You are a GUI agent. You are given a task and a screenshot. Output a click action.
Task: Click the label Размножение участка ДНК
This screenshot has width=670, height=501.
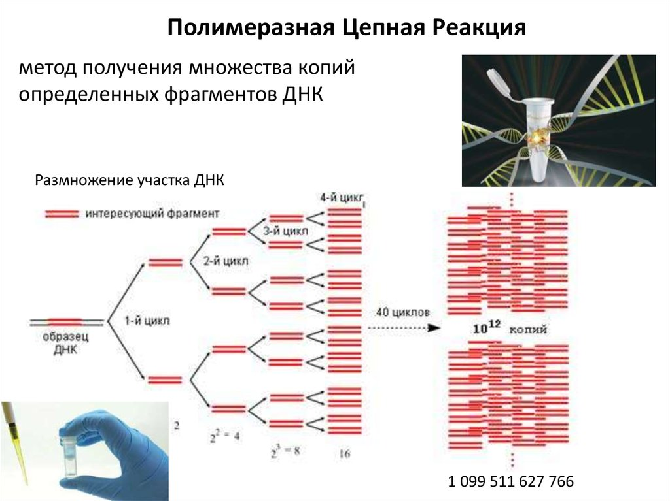click(130, 180)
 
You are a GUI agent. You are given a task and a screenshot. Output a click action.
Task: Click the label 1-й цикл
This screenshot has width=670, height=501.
click(148, 321)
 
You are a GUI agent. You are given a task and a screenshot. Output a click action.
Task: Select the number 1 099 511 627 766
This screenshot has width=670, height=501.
click(511, 483)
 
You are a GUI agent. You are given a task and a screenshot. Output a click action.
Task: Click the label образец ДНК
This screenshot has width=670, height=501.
click(65, 344)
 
